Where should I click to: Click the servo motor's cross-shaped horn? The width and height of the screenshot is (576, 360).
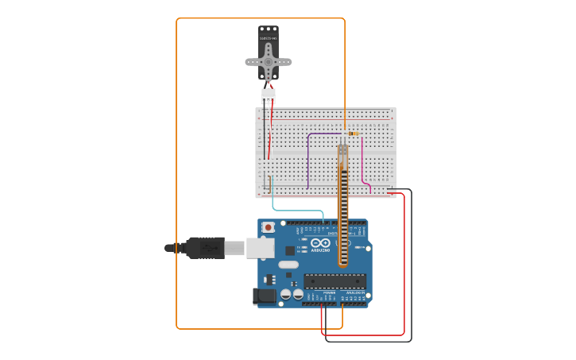(x=269, y=62)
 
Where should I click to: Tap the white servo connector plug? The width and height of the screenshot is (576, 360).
(x=269, y=95)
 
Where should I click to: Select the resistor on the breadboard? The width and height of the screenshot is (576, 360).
(x=354, y=134)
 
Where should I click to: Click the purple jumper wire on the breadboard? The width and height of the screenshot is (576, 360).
(x=308, y=159)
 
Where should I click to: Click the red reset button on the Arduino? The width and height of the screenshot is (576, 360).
(x=269, y=227)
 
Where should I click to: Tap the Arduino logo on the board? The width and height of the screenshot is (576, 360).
(x=320, y=243)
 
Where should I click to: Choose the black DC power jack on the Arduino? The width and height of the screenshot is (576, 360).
(x=265, y=296)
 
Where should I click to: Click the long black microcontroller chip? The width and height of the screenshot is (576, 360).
(x=334, y=281)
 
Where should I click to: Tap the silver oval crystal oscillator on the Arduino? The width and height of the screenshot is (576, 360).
(x=288, y=265)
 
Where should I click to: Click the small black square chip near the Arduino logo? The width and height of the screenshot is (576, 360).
(x=290, y=250)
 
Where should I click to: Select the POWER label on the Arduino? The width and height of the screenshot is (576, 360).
(x=329, y=293)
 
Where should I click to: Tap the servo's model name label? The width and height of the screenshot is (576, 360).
(x=269, y=38)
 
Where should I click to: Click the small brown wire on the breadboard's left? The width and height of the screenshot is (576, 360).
(x=270, y=184)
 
